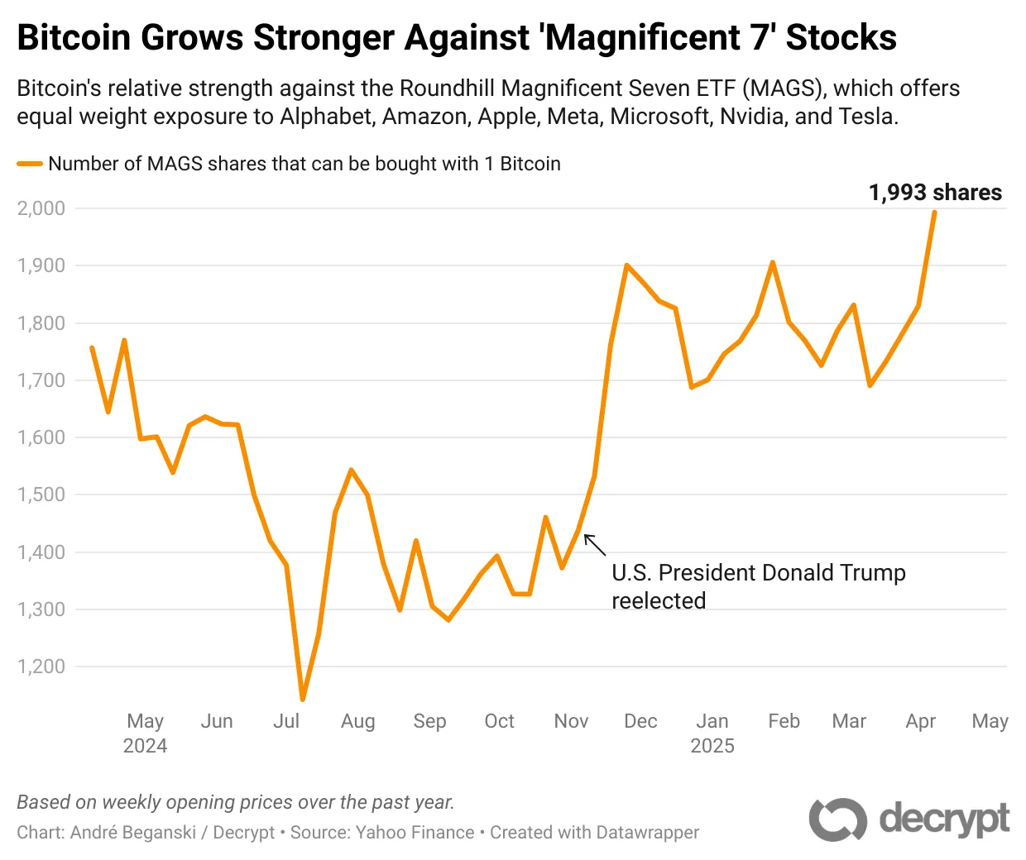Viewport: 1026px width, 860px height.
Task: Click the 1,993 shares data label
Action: tap(935, 193)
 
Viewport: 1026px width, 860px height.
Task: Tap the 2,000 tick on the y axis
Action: tap(41, 208)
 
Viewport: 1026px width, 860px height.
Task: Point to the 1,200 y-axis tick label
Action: tap(41, 666)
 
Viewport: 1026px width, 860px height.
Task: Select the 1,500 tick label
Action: tap(41, 494)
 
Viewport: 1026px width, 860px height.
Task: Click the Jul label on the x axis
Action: tap(286, 721)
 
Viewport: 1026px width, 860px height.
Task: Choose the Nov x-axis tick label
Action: tap(571, 721)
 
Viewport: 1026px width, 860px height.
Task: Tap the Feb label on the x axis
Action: tap(784, 721)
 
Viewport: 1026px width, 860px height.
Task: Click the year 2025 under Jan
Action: tap(712, 746)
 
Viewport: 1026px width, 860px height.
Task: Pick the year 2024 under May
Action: tap(145, 746)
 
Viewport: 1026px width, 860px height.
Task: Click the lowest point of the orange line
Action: tap(303, 700)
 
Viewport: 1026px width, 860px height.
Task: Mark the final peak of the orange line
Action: tap(934, 213)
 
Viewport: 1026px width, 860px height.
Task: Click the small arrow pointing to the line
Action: tap(595, 545)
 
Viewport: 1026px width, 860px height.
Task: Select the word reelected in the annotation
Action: tap(659, 601)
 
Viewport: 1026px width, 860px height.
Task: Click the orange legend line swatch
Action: tap(30, 164)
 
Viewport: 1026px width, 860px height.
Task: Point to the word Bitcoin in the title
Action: tap(74, 38)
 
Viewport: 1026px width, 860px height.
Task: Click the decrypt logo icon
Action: tap(837, 819)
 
